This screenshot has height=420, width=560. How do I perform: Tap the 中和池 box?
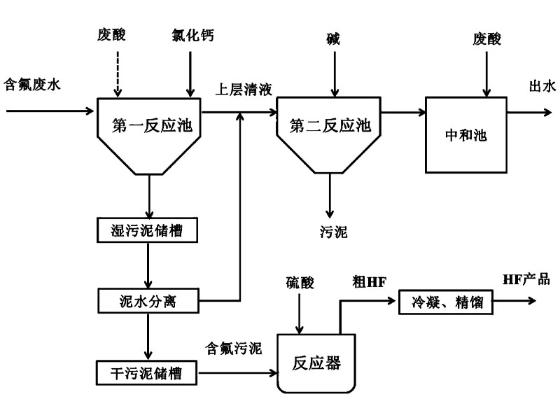[466, 134]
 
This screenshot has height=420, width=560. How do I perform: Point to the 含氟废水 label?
[33, 85]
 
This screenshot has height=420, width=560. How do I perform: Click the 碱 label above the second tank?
[333, 39]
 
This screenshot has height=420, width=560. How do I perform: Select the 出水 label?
[542, 86]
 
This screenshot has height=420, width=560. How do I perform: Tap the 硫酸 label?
[300, 283]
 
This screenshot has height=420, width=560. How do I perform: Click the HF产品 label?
[526, 279]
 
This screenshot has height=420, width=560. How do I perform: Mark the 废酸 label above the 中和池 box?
[486, 39]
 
